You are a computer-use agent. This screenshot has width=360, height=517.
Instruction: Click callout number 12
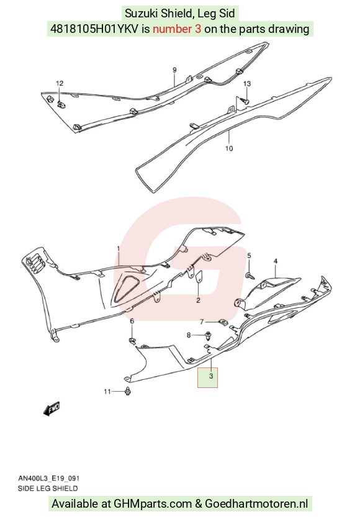[60, 83]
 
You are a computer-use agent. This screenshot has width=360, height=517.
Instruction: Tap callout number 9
[174, 70]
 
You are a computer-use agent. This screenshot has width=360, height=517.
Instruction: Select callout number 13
[247, 84]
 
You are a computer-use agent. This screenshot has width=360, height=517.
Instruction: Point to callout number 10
[229, 148]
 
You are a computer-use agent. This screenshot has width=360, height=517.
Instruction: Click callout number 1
[119, 248]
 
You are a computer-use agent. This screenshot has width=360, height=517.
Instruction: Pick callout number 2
[198, 300]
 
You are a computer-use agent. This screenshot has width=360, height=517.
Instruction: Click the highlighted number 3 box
[208, 377]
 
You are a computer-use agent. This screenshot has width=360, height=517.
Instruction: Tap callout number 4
[276, 261]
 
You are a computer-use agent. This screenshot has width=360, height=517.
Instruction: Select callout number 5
[250, 256]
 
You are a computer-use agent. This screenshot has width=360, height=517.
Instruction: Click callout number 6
[132, 321]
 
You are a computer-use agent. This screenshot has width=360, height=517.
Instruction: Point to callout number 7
[202, 321]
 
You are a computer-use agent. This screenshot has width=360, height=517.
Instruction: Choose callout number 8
[189, 335]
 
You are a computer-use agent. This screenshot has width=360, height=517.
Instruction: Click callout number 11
[107, 392]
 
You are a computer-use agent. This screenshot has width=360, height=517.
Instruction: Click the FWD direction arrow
[52, 408]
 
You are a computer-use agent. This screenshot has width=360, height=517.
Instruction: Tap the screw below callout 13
[245, 101]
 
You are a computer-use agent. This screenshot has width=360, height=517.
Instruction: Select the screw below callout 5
[250, 276]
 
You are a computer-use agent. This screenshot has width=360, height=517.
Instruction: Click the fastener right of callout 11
[128, 392]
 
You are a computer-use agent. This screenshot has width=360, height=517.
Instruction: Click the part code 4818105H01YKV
[94, 29]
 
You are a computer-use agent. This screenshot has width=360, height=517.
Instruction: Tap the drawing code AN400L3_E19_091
[49, 479]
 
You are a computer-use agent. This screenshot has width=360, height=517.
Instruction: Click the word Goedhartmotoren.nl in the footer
[256, 504]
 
